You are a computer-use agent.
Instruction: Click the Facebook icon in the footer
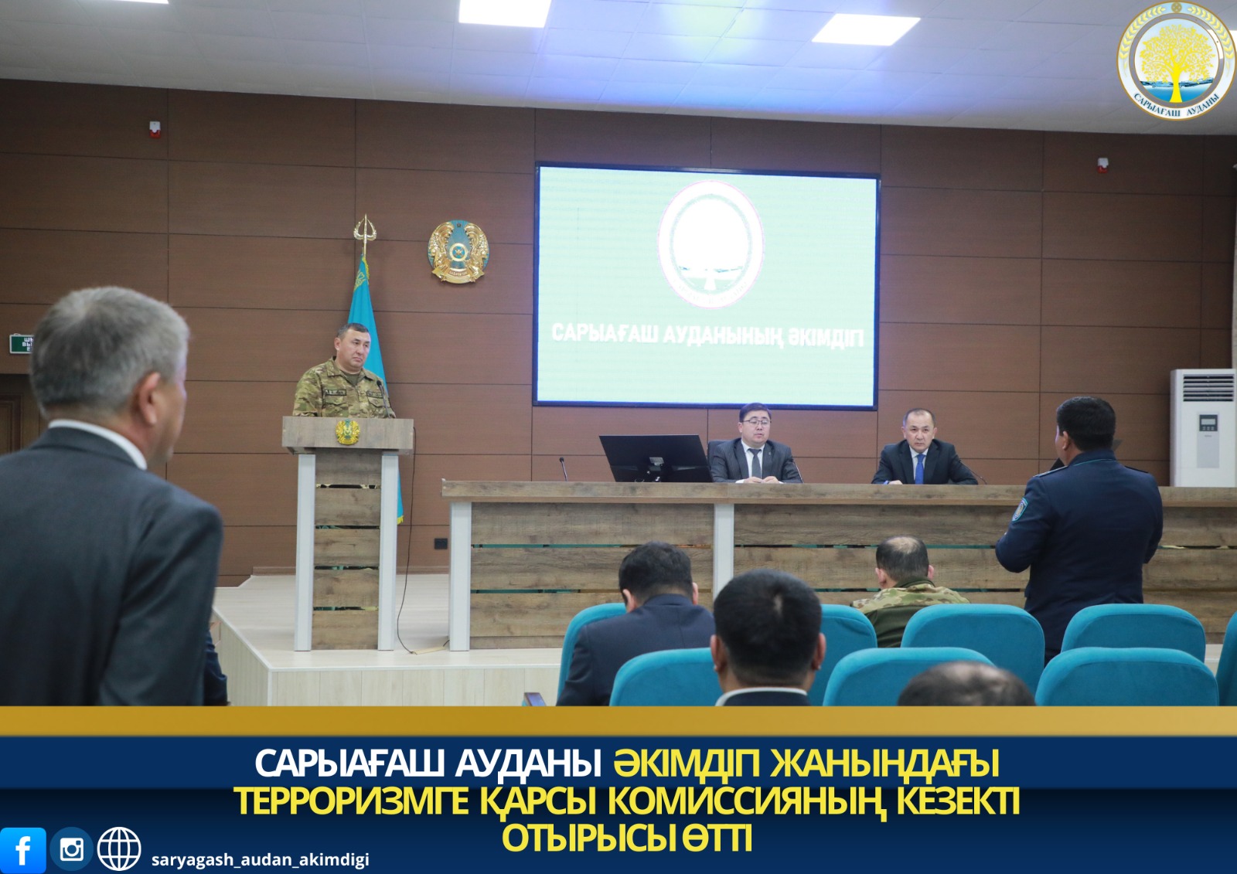[x=22, y=850]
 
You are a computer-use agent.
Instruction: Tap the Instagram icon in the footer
[x=71, y=849]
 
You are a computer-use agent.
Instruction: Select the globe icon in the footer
[x=119, y=848]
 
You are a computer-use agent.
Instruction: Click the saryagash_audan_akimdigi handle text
[x=260, y=860]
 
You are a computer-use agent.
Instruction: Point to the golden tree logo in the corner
[x=1176, y=60]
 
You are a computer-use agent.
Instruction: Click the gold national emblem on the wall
[x=458, y=251]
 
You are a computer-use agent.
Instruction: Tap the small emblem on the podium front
[x=347, y=432]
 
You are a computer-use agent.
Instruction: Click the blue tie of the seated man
[x=919, y=468]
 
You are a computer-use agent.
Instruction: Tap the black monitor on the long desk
[x=654, y=458]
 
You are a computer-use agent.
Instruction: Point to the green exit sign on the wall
[x=21, y=344]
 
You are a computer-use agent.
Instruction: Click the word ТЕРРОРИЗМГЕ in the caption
[x=352, y=801]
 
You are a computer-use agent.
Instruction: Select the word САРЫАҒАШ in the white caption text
[x=349, y=763]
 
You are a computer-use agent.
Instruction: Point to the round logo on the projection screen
[x=710, y=243]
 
